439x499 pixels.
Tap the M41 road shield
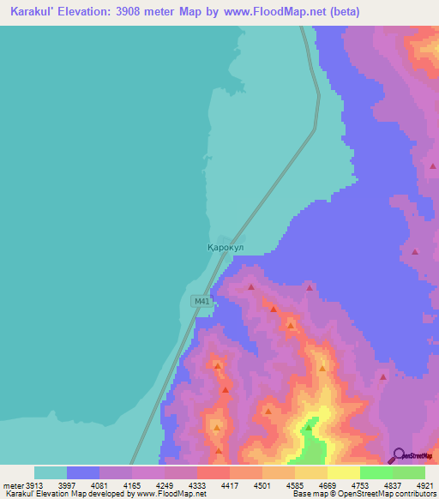click(201, 301)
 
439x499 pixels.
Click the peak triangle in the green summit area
click(309, 426)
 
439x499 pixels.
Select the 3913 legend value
click(34, 486)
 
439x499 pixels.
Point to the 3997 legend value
click(70, 486)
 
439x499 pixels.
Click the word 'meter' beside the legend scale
click(10, 486)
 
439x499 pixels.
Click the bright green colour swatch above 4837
click(376, 472)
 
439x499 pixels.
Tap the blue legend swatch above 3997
click(83, 472)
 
